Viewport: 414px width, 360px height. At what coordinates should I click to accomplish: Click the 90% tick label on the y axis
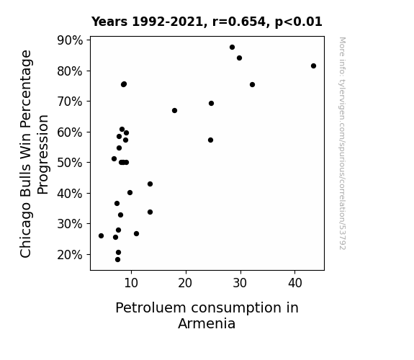(x=70, y=40)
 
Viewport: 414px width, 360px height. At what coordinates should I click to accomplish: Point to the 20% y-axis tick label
(x=70, y=255)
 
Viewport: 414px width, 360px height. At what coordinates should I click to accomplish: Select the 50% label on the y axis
(x=70, y=163)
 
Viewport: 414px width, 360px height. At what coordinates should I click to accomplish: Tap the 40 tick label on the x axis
(x=295, y=283)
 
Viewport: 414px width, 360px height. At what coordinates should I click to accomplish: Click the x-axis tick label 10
(x=131, y=283)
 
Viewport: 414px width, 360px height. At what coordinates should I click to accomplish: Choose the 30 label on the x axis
(x=240, y=283)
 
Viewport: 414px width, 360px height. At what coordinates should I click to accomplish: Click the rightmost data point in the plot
(x=313, y=66)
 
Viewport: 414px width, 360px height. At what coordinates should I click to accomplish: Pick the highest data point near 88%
(x=232, y=48)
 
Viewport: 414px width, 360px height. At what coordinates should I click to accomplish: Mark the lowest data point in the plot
(x=118, y=260)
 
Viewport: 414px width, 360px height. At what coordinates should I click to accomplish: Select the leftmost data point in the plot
(x=101, y=235)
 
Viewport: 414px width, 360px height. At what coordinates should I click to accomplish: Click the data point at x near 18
(x=174, y=110)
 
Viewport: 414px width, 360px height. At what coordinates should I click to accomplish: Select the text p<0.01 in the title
(x=299, y=22)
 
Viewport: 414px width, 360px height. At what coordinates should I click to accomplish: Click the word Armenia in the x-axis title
(x=207, y=323)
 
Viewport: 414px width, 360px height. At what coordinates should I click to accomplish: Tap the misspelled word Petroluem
(x=151, y=308)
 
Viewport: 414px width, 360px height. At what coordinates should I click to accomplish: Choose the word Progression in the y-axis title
(x=42, y=155)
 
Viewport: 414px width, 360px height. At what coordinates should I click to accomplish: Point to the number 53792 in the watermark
(x=342, y=238)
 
